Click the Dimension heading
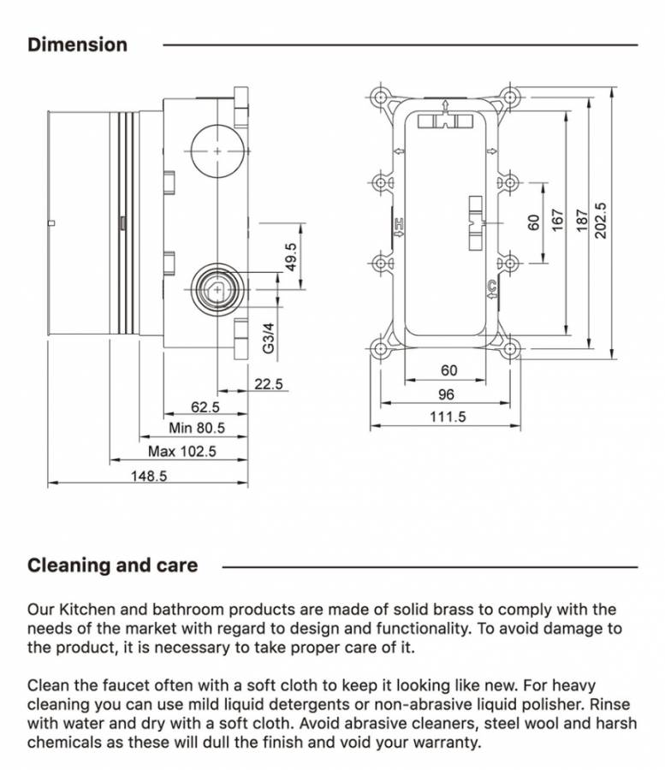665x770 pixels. click(77, 44)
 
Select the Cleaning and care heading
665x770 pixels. click(112, 565)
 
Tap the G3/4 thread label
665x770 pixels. click(268, 338)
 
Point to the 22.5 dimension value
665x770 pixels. click(268, 385)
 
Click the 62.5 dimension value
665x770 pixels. click(205, 407)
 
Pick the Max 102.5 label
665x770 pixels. click(181, 451)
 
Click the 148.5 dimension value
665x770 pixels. click(148, 476)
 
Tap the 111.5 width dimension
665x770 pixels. click(448, 417)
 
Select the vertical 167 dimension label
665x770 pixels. click(556, 220)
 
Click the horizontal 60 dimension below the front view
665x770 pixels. click(448, 370)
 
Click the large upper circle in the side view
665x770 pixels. click(218, 151)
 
